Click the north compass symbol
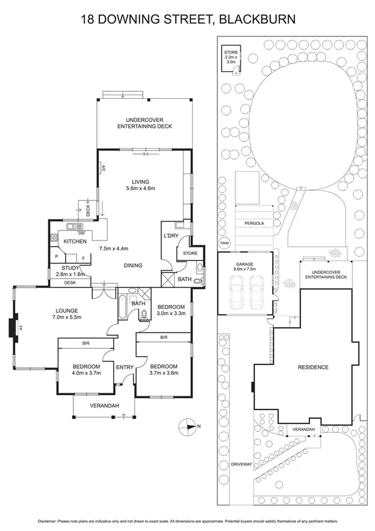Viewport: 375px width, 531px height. click(188, 428)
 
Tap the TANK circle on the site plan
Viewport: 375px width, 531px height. click(224, 244)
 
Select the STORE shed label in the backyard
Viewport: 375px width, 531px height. click(232, 57)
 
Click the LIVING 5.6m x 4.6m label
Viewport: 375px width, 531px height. click(140, 185)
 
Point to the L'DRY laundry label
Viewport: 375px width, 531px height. click(171, 235)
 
